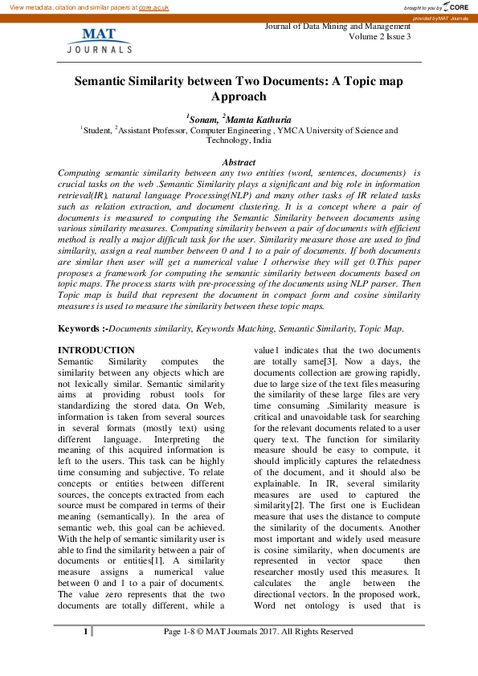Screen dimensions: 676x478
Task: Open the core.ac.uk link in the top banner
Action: tap(155, 6)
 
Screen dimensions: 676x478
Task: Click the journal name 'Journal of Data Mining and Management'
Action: tap(337, 26)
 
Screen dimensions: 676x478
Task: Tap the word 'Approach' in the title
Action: tap(238, 96)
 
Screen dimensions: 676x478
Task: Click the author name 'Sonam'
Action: tap(202, 119)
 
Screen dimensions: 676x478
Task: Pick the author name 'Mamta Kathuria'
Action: tap(259, 119)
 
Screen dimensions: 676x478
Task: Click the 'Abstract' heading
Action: tap(239, 162)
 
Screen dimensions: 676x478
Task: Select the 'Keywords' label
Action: tap(80, 329)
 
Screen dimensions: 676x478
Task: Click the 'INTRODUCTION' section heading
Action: tap(96, 351)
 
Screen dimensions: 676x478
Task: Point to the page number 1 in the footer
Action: tap(85, 633)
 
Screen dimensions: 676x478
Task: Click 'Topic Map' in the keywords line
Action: tap(382, 329)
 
